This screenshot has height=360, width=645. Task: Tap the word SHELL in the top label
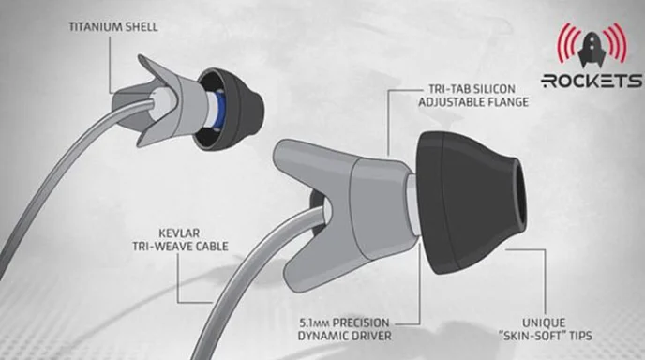142,27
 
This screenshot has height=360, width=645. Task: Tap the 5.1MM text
314,322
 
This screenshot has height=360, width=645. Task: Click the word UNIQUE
544,322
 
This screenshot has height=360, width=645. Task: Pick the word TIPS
578,336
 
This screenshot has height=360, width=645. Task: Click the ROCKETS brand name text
592,81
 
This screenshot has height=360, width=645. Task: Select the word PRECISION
361,322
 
